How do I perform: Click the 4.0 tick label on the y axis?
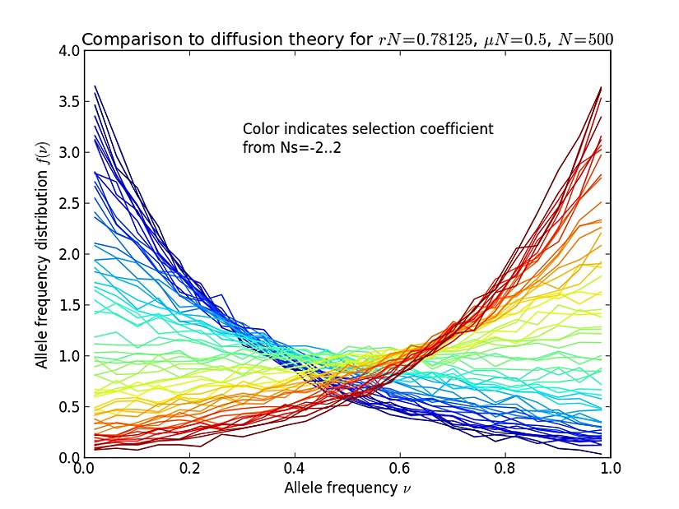(x=69, y=51)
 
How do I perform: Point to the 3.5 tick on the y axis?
(x=69, y=102)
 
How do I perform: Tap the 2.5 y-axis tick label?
(x=69, y=203)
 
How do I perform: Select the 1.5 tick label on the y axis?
(x=69, y=305)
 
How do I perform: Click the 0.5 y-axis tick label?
(x=69, y=406)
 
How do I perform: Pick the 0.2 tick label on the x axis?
(x=189, y=470)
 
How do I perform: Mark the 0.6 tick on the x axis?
(x=400, y=470)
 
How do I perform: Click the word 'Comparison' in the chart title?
(x=122, y=39)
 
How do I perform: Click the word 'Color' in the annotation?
(x=260, y=129)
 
